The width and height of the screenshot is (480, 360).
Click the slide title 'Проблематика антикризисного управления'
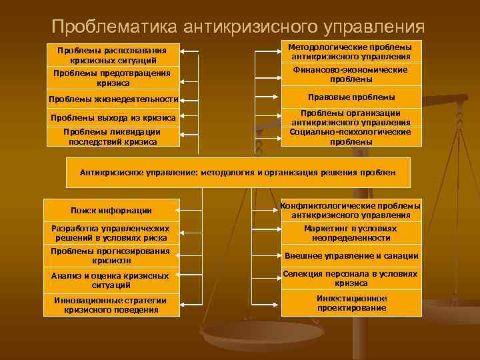238,26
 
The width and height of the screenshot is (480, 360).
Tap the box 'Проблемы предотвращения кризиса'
112,78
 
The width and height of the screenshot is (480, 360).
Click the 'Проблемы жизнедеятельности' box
112,100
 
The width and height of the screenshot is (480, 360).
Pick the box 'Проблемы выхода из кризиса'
112,118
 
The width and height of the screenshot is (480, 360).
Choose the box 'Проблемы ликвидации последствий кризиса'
112,137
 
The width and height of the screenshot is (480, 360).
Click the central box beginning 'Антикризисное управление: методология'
238,172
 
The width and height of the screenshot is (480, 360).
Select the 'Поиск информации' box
111,211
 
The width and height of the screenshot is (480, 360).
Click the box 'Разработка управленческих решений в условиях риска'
111,233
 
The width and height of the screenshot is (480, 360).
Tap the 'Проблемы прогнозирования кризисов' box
111,256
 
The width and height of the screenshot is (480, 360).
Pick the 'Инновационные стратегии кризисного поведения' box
111,305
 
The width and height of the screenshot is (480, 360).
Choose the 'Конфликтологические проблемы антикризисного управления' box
351,210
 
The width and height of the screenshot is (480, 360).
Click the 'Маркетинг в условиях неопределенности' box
351,233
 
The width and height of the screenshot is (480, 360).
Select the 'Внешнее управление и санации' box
351,256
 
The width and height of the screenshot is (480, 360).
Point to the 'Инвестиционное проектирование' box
351,303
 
